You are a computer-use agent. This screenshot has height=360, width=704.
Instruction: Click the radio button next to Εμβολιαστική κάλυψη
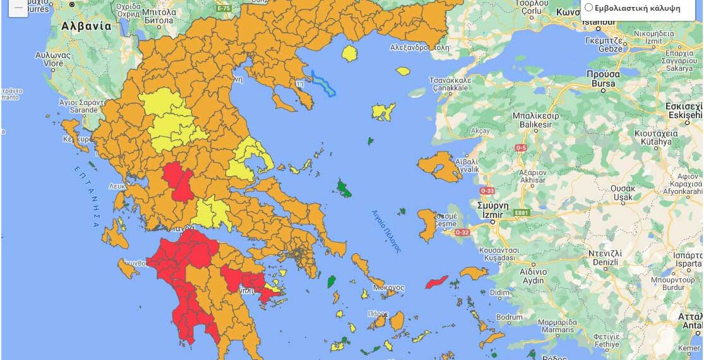(x=588, y=8)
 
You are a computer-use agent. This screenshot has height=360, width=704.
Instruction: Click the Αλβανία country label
(x=87, y=27)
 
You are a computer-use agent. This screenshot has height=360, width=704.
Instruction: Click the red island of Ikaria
(x=436, y=282)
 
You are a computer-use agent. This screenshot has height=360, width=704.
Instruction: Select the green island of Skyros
(x=345, y=188)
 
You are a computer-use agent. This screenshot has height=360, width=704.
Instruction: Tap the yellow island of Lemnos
(x=383, y=112)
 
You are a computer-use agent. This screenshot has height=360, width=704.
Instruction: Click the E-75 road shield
(x=224, y=8)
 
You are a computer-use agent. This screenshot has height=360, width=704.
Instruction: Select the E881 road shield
(x=521, y=213)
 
